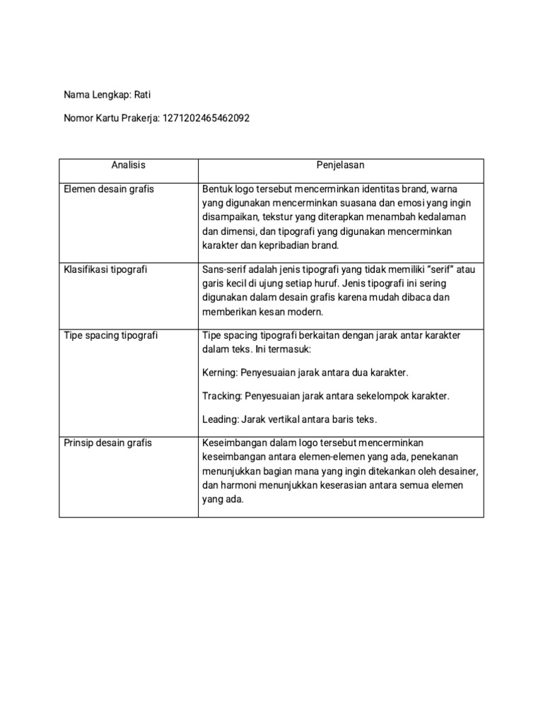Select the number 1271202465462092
[206, 119]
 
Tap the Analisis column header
[128, 165]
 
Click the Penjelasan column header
[340, 165]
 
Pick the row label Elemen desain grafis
[109, 189]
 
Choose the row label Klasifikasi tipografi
[106, 269]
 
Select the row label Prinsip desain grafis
[108, 443]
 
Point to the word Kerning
[219, 372]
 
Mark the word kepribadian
[283, 246]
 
